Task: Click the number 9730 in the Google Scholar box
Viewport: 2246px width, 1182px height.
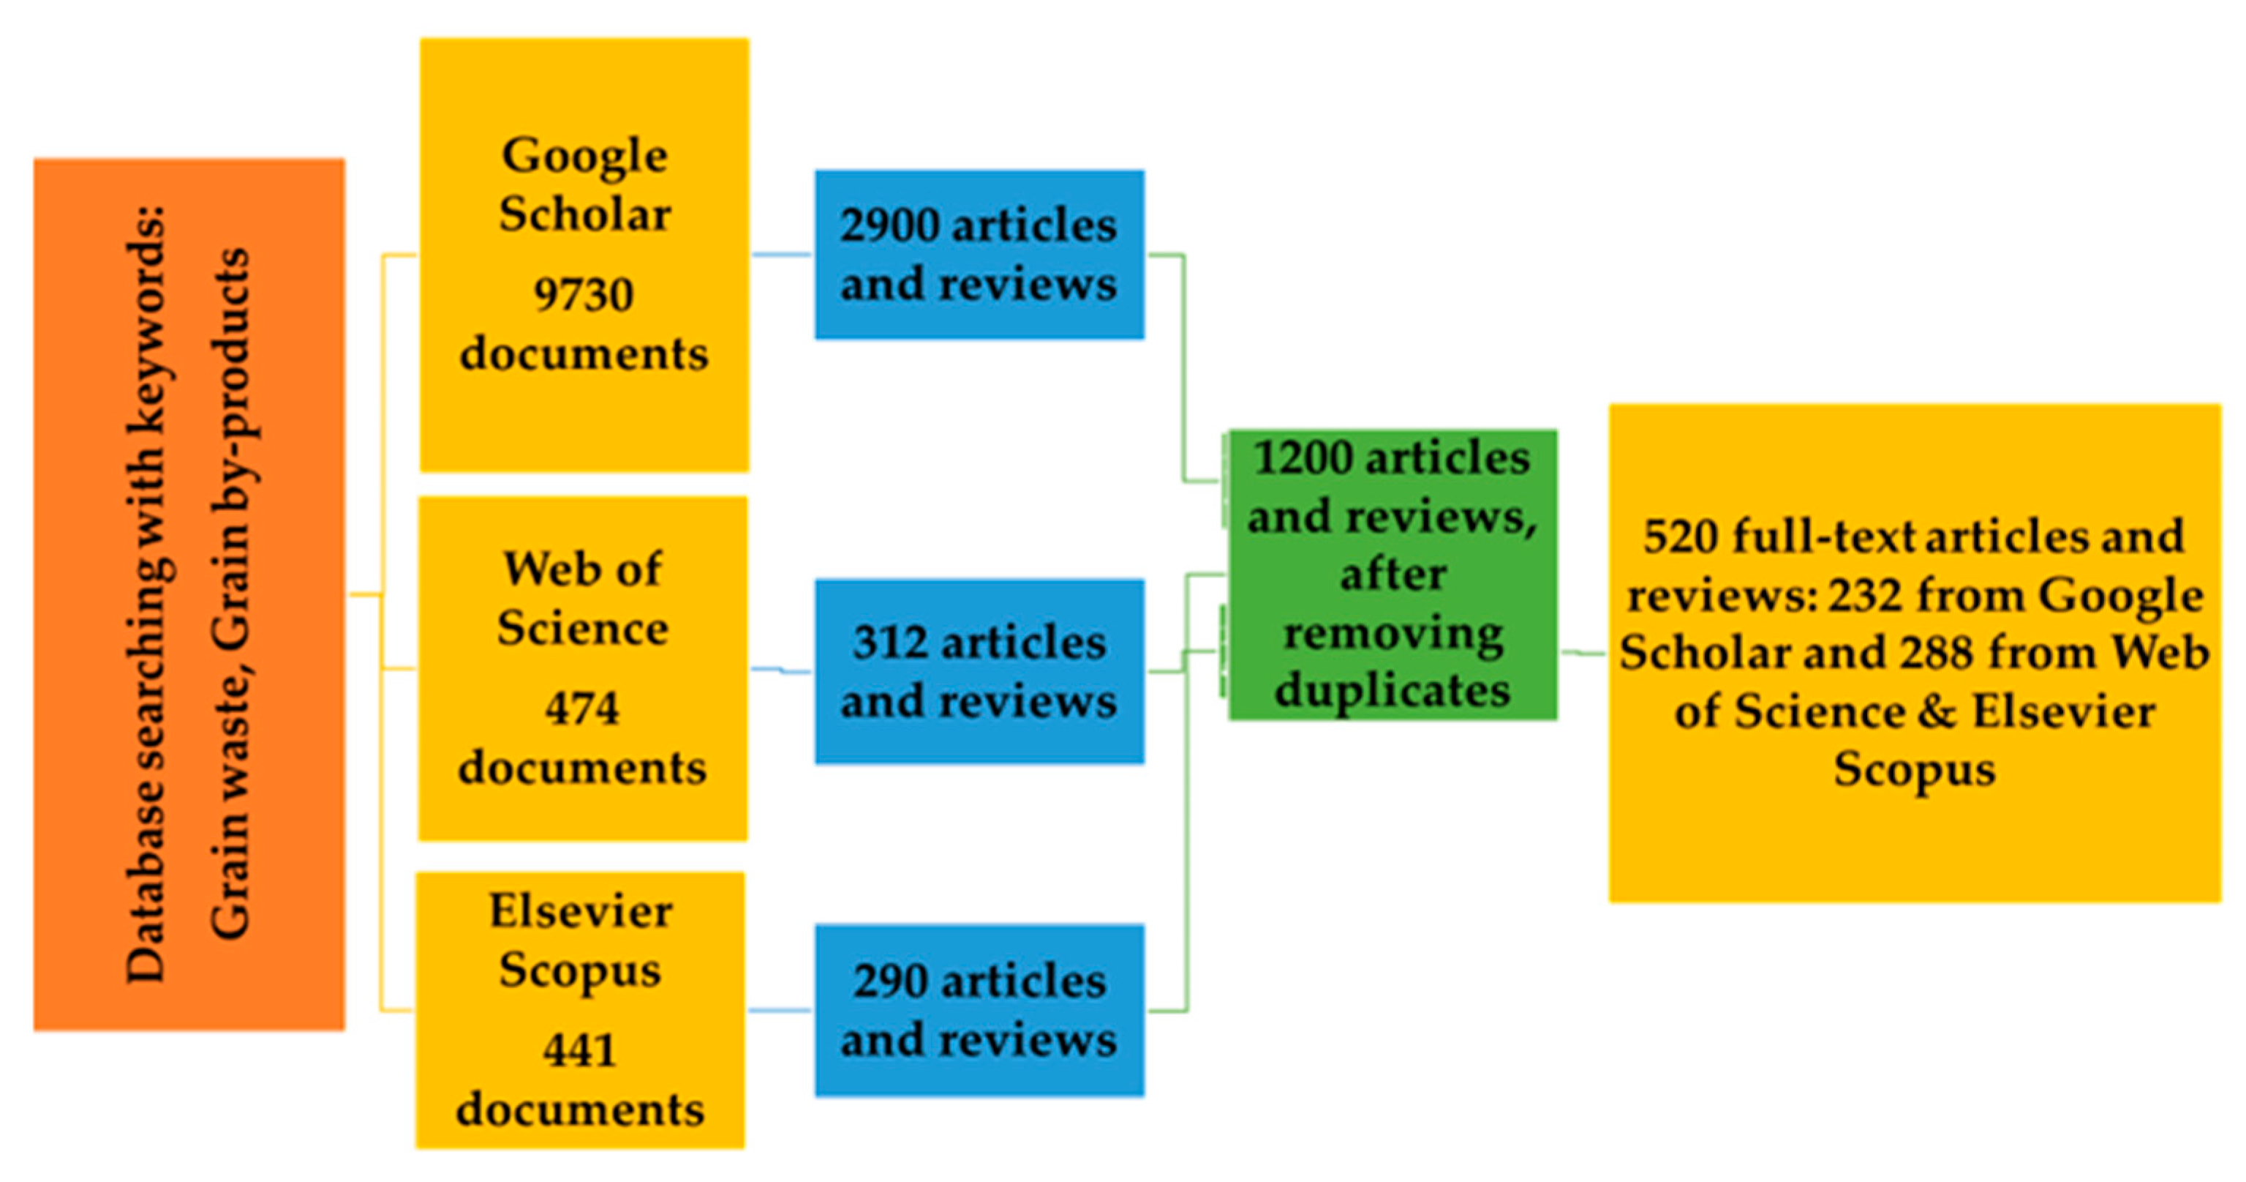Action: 584,295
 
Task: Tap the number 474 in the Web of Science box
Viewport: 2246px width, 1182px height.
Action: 581,708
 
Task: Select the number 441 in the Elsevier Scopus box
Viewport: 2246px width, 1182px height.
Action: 580,1050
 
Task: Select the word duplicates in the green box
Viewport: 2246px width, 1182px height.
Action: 1393,691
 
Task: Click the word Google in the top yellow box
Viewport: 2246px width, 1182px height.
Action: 584,157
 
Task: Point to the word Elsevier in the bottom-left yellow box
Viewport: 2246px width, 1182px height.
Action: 581,913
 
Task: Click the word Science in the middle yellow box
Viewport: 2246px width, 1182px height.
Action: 582,628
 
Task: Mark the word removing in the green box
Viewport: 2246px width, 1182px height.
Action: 1393,634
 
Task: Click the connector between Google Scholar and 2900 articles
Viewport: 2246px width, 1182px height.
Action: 781,255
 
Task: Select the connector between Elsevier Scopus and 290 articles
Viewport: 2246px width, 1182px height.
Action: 780,1010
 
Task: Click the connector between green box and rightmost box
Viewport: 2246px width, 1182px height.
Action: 1583,653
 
